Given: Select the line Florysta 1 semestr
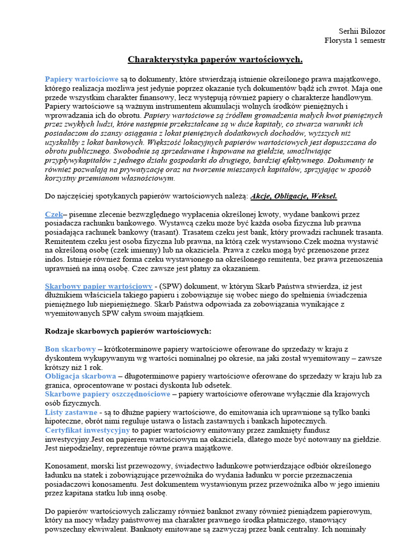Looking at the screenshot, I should [355, 40].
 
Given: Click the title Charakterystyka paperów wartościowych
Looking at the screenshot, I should [215, 59].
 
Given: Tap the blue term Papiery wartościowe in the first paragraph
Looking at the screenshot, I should [82, 79].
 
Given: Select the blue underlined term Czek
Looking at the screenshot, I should [54, 214].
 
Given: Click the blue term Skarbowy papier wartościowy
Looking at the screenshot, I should [99, 286].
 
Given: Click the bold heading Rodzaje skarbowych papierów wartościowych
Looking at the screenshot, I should [128, 331].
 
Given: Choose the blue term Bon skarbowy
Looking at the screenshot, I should [70, 349].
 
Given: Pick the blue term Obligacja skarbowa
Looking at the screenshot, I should [80, 376].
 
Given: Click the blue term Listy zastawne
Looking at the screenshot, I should [71, 412].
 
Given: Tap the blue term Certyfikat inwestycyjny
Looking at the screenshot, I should [87, 430].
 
